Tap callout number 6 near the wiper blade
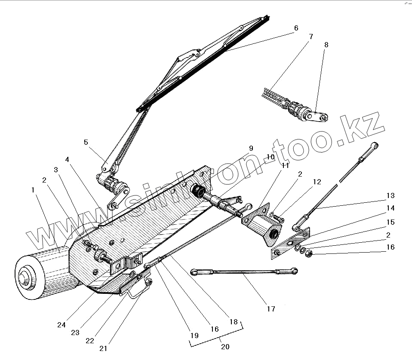[x=296, y=28]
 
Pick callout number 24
[x=61, y=325]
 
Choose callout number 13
[x=390, y=196]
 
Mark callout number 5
[x=86, y=142]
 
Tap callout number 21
[x=103, y=348]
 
